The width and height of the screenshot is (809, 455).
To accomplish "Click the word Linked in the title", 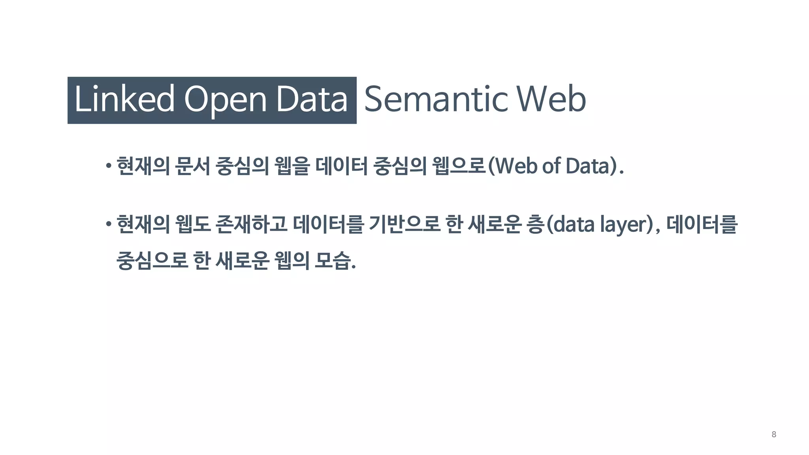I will tap(124, 99).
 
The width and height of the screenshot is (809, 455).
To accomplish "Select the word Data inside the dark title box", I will tap(312, 99).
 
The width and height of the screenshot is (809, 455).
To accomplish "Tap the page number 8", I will tap(773, 434).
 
